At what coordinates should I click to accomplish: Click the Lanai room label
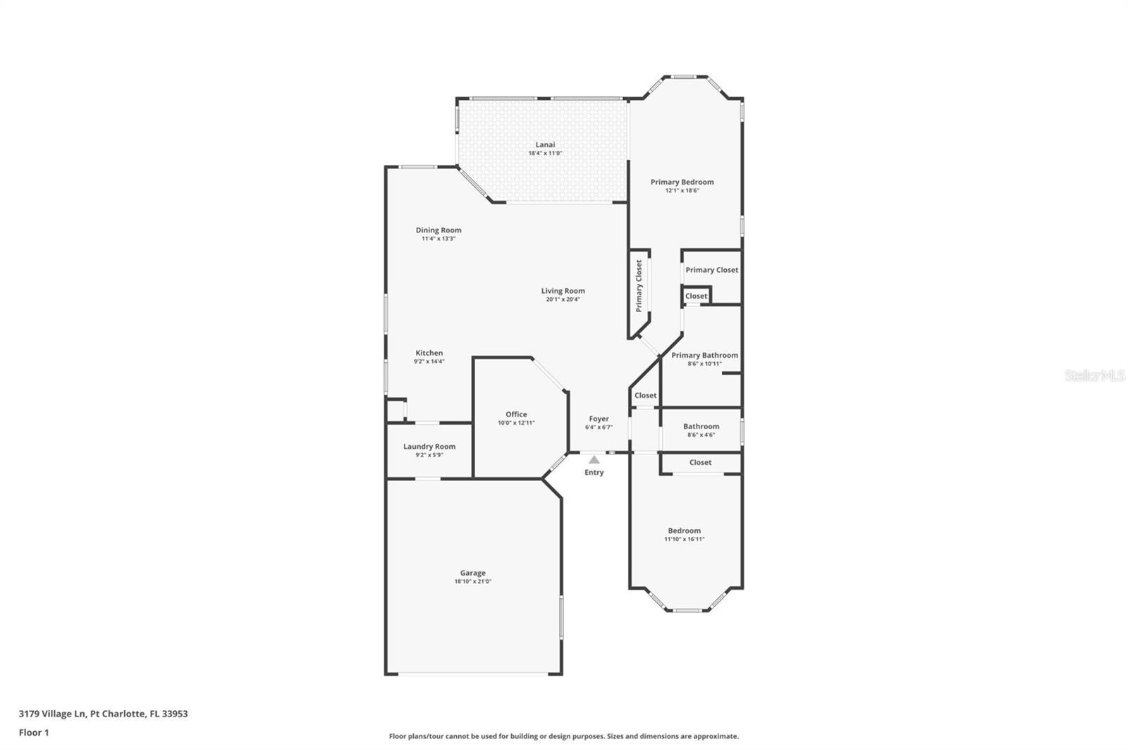544,144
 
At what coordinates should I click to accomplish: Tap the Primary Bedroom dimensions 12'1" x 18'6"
682,190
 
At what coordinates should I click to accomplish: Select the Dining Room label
439,230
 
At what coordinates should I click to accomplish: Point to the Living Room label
563,290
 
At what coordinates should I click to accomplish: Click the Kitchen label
429,353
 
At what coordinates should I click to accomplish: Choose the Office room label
516,414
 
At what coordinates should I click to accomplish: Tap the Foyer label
599,418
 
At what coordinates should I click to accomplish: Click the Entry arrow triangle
594,459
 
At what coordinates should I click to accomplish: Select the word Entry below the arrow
594,472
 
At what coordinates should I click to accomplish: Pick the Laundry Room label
429,446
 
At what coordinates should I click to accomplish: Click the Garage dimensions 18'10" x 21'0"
472,581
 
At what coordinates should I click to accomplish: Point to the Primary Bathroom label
704,355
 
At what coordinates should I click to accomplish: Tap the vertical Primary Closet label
639,285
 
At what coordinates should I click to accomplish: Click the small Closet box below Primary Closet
696,296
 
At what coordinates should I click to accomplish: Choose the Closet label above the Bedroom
700,462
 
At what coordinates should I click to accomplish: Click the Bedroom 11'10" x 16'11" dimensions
684,539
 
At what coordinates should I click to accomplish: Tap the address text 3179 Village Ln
53,713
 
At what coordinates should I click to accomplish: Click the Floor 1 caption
34,732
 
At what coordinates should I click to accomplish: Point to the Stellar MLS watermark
1094,375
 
